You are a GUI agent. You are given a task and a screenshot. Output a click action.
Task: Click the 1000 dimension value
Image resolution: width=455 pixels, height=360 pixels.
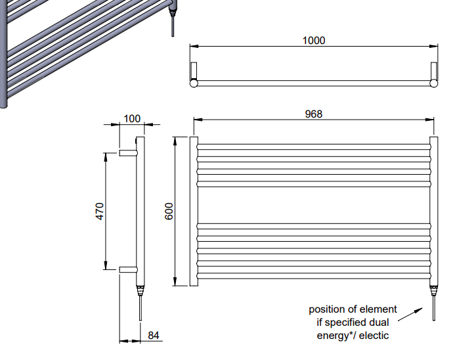coord(313,40)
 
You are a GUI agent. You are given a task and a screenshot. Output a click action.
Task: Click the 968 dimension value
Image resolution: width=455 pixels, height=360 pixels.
coord(313,114)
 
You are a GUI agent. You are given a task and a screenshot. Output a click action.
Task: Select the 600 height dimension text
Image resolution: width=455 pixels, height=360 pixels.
coord(169,211)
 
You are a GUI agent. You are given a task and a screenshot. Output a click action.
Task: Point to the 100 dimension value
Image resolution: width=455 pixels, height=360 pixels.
coord(132,118)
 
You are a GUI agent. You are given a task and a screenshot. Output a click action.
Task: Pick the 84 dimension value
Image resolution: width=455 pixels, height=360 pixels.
coord(154,336)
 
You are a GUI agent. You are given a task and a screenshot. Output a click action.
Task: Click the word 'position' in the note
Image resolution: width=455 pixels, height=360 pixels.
coord(328,309)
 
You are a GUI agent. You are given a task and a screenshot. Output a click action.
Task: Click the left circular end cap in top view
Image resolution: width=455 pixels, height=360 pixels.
coord(194,83)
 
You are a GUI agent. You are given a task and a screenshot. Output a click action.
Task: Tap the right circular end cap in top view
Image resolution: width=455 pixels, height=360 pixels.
coord(434,83)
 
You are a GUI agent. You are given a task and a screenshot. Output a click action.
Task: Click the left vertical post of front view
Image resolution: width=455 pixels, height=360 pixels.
coord(194,211)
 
